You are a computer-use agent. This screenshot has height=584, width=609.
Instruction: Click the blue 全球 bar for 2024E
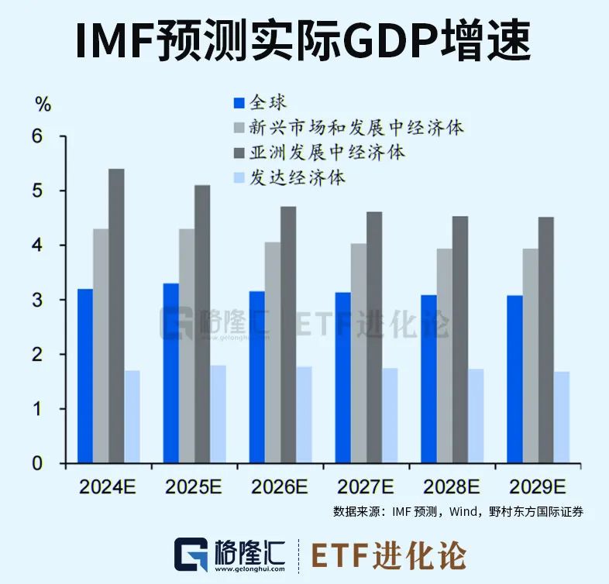click(85, 376)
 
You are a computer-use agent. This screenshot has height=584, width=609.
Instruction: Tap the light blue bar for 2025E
click(218, 414)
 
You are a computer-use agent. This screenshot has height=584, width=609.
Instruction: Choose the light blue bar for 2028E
click(475, 416)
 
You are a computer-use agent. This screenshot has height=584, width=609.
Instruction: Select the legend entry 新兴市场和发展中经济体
click(356, 127)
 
